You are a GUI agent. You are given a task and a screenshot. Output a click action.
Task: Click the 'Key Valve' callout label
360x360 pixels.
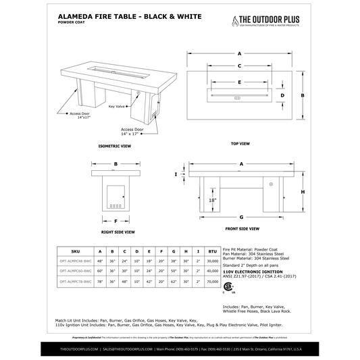pyautogui.click(x=116, y=106)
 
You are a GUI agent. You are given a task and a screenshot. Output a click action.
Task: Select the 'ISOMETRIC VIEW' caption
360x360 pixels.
pyautogui.click(x=114, y=145)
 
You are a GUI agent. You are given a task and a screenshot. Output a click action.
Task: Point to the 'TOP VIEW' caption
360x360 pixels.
pyautogui.click(x=240, y=144)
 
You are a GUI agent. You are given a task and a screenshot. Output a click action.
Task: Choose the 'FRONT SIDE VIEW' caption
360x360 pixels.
pyautogui.click(x=240, y=229)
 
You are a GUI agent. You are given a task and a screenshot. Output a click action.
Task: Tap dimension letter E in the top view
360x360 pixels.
pyautogui.click(x=240, y=82)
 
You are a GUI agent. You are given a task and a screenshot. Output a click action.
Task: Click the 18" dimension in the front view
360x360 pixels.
pyautogui.click(x=212, y=201)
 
